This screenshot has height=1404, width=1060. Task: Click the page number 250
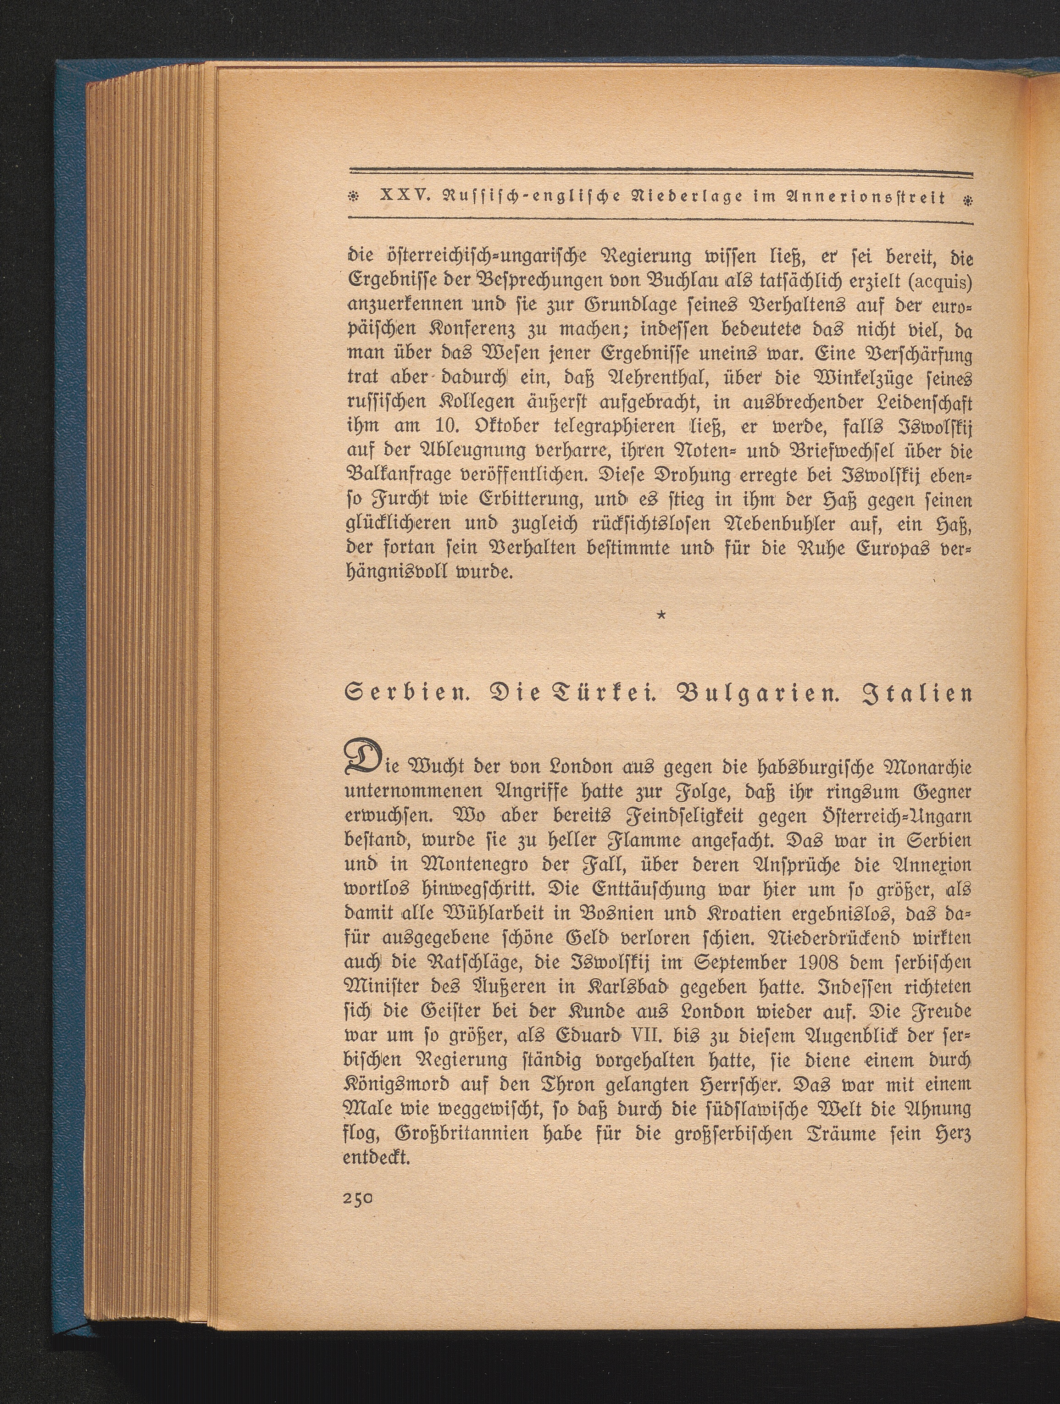coord(358,1196)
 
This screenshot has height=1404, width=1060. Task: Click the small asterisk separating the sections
coord(662,615)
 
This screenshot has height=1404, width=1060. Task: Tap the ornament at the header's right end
coord(967,199)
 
